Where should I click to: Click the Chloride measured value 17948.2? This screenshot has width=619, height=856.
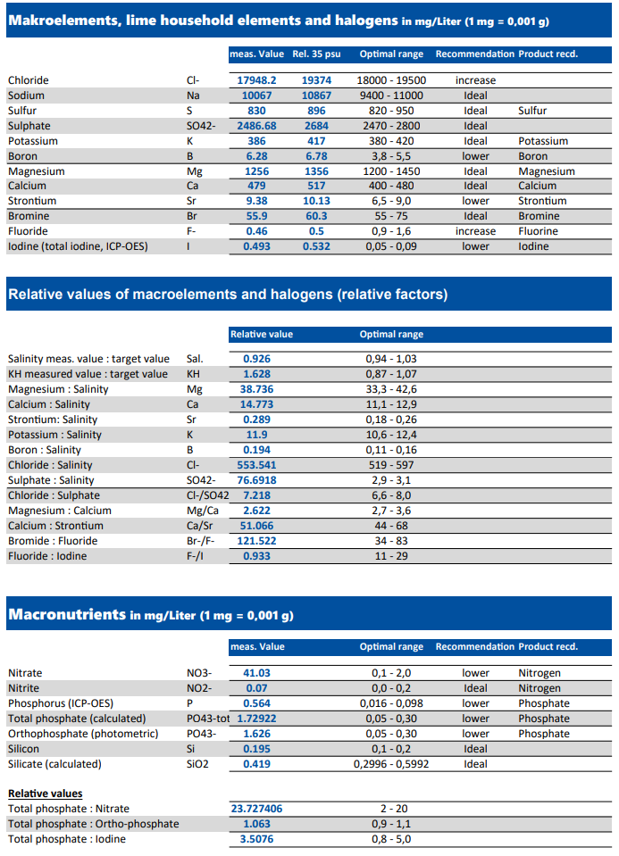click(x=256, y=80)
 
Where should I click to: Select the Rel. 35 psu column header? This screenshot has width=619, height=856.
click(x=316, y=54)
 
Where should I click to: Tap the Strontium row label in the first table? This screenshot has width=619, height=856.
click(x=32, y=201)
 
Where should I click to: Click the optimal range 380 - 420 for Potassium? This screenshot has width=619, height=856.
click(x=391, y=141)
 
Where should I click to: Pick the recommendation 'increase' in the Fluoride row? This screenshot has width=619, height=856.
click(x=475, y=231)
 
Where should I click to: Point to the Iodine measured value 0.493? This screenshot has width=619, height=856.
click(x=256, y=246)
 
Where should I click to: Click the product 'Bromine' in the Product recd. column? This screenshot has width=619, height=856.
click(x=539, y=216)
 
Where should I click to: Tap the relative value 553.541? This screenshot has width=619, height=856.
click(x=256, y=465)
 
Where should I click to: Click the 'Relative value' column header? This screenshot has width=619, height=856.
click(x=261, y=334)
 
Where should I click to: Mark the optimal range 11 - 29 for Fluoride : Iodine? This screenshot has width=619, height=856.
click(x=391, y=556)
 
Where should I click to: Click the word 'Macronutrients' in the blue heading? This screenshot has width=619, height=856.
click(x=67, y=614)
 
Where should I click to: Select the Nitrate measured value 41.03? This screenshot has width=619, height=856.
click(x=256, y=673)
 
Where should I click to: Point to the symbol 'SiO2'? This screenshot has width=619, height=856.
click(x=197, y=764)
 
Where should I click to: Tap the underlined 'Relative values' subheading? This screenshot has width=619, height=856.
click(x=46, y=794)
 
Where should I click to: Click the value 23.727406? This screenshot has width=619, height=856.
click(x=256, y=809)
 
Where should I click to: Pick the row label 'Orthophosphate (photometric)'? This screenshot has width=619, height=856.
click(x=83, y=734)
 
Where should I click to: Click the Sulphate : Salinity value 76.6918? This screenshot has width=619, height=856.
click(x=256, y=480)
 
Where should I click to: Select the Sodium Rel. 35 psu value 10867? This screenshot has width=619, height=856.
click(x=316, y=96)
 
